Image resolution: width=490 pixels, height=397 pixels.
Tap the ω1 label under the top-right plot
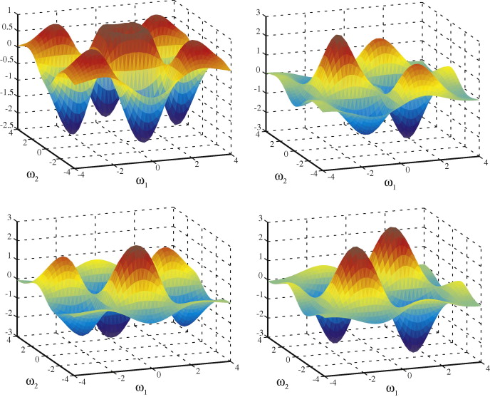point(390,182)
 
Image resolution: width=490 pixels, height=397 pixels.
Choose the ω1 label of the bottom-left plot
point(142,388)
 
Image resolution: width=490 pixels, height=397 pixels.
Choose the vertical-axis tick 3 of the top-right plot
point(264,11)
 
